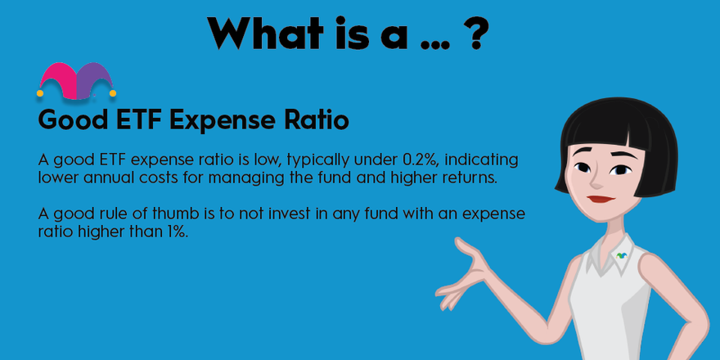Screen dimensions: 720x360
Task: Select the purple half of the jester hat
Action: (x=96, y=79)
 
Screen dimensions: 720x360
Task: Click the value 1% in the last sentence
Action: (x=178, y=232)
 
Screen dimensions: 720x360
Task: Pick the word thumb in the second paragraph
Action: (x=168, y=214)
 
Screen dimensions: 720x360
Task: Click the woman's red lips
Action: (x=601, y=199)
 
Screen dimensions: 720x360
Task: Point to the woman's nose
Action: (x=596, y=182)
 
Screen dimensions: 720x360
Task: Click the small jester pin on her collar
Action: (x=622, y=255)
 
